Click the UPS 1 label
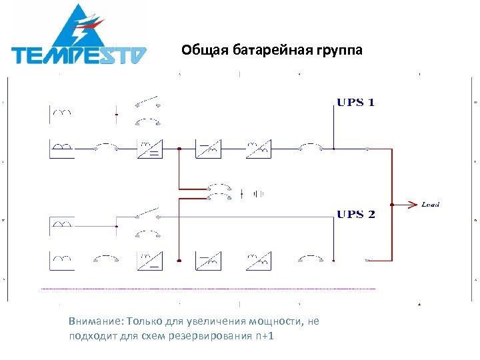pyautogui.click(x=355, y=103)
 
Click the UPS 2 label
pyautogui.click(x=355, y=214)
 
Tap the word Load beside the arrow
pyautogui.click(x=431, y=204)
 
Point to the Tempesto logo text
pyautogui.click(x=79, y=55)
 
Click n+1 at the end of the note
pyautogui.click(x=265, y=335)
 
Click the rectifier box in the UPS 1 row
pyautogui.click(x=149, y=149)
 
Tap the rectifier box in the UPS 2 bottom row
pyautogui.click(x=149, y=260)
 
